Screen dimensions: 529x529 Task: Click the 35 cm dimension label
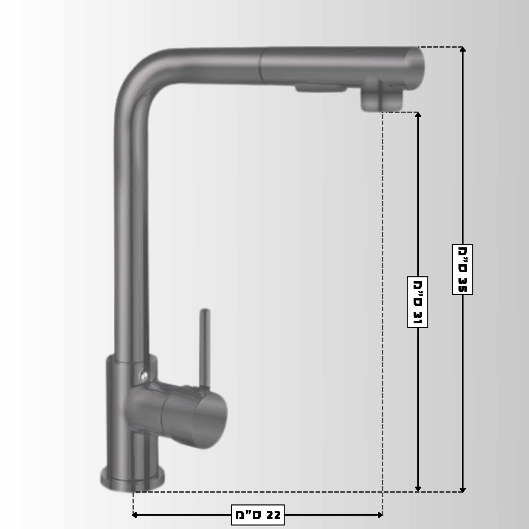[x=462, y=269]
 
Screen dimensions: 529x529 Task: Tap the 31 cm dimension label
[x=418, y=302]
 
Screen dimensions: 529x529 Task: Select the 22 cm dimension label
[x=258, y=515]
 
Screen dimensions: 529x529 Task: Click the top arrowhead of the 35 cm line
[x=462, y=49]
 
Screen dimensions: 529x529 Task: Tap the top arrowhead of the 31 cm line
[x=418, y=115]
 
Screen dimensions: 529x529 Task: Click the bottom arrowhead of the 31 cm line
[x=418, y=489]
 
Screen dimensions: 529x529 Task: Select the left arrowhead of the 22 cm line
[x=134, y=515]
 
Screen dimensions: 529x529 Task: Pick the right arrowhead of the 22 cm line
[x=380, y=515]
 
